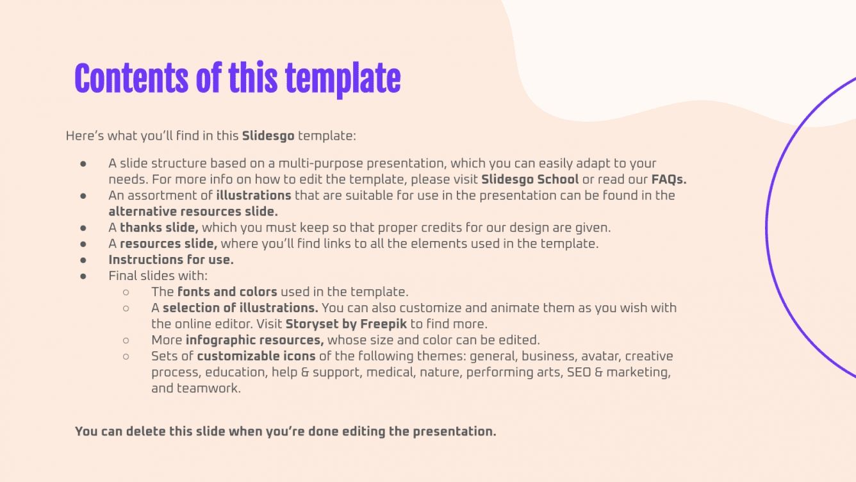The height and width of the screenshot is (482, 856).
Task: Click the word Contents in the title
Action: point(131,79)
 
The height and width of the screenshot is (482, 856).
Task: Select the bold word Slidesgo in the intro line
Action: point(268,136)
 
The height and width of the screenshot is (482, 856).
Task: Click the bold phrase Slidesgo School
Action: point(530,179)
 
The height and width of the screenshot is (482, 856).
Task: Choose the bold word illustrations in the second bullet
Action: point(254,195)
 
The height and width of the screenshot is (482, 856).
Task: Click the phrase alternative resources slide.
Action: point(193,212)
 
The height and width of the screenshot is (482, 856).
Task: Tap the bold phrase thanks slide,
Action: point(159,228)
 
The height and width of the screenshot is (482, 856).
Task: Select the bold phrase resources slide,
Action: point(169,244)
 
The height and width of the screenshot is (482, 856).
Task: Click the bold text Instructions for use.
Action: point(171,260)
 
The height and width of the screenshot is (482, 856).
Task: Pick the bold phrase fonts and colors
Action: point(227,292)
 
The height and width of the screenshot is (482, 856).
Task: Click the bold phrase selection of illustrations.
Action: point(240,308)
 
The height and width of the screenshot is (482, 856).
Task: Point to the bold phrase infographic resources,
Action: point(254,340)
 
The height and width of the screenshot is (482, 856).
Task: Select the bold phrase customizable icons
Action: point(256,356)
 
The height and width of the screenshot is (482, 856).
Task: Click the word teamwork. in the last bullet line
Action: point(196,388)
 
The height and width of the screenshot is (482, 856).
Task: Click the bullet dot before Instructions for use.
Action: point(83,260)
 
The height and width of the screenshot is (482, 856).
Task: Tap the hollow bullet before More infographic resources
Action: point(126,340)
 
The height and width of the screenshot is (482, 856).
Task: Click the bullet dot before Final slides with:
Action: point(83,276)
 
